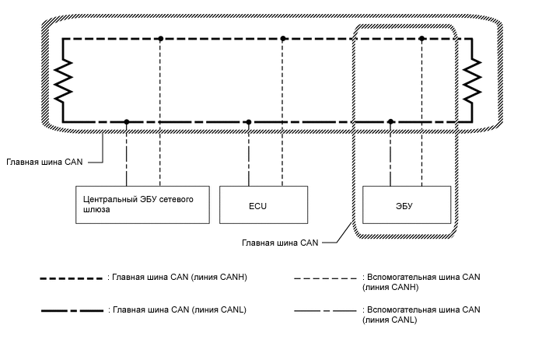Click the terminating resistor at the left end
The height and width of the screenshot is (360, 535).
pyautogui.click(x=62, y=80)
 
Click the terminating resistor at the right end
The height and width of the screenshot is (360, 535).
pyautogui.click(x=470, y=80)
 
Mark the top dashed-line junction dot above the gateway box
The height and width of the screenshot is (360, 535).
pyautogui.click(x=159, y=38)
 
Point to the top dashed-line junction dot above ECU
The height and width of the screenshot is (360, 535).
pyautogui.click(x=283, y=38)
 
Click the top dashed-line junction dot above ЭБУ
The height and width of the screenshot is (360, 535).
pyautogui.click(x=421, y=38)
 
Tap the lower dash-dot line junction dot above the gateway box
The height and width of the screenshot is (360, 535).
pyautogui.click(x=127, y=122)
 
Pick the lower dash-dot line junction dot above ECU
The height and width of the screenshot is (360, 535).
pyautogui.click(x=249, y=122)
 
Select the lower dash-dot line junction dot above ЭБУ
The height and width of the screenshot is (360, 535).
pyautogui.click(x=390, y=122)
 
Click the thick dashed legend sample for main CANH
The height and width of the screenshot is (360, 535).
pyautogui.click(x=72, y=278)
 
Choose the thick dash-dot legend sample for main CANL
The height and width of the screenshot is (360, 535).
pyautogui.click(x=72, y=310)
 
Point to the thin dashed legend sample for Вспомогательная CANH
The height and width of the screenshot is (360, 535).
pyautogui.click(x=327, y=278)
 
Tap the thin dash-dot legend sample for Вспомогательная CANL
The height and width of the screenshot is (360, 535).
pyautogui.click(x=327, y=310)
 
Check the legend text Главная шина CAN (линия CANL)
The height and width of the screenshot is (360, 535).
pyautogui.click(x=180, y=310)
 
